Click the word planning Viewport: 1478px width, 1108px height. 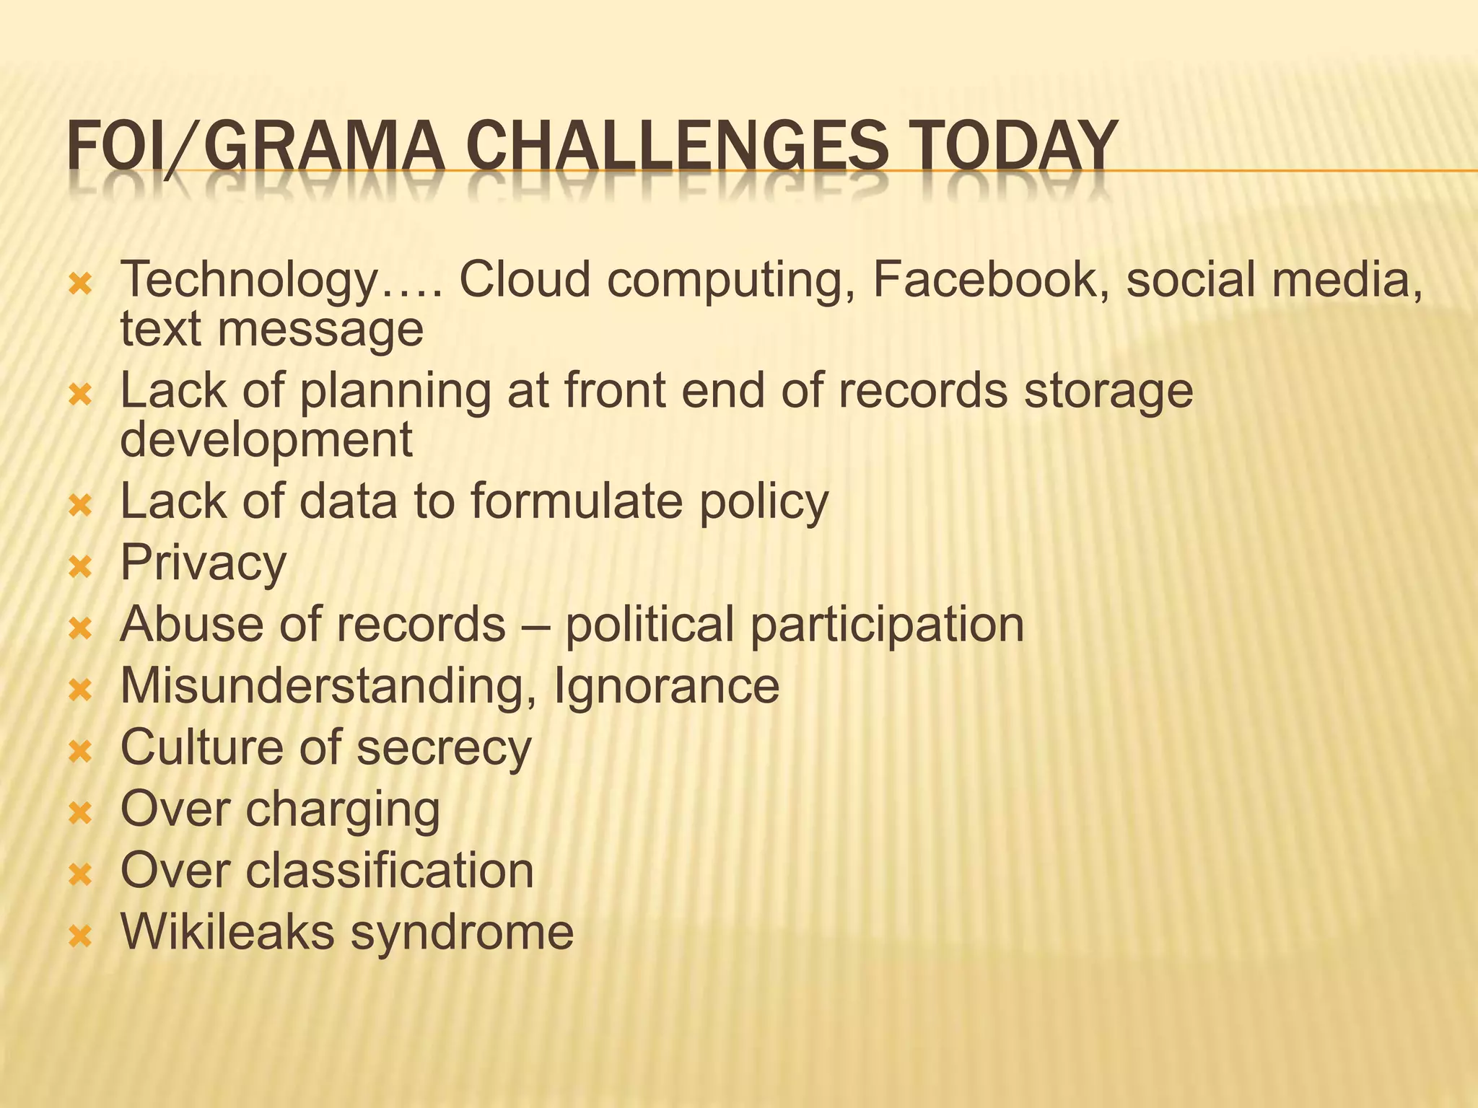point(394,391)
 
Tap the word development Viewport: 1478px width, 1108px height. point(266,439)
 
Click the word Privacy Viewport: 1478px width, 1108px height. point(204,563)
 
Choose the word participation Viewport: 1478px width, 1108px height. point(887,625)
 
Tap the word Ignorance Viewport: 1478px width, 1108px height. point(666,685)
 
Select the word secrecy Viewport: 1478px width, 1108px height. point(444,747)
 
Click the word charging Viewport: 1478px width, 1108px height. point(342,809)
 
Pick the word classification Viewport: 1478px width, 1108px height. point(390,870)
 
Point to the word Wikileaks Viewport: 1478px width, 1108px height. point(227,932)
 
